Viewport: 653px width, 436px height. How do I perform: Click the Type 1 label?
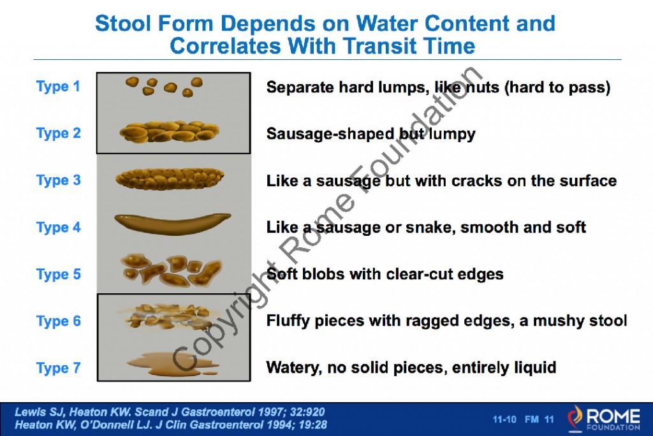58,87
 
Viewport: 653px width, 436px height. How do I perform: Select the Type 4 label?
58,227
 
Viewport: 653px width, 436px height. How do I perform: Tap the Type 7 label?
58,368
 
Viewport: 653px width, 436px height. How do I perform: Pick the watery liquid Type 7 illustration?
167,363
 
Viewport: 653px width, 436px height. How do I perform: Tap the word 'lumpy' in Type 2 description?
453,134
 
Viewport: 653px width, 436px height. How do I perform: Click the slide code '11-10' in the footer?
504,419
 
